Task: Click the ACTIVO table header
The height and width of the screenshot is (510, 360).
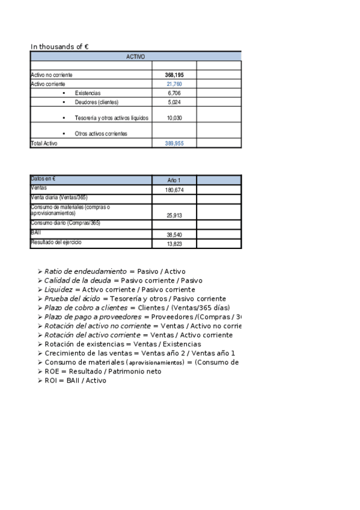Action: click(135, 57)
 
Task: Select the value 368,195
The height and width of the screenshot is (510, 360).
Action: click(174, 75)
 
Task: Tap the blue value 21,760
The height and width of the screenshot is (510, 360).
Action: click(174, 84)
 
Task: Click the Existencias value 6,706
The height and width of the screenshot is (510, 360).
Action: click(174, 93)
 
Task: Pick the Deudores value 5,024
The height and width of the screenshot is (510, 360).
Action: click(174, 102)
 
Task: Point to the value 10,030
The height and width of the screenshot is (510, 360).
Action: click(174, 118)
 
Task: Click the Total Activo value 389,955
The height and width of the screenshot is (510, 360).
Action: click(174, 144)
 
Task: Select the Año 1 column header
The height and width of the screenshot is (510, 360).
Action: click(174, 180)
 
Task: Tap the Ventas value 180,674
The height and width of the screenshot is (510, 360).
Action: click(174, 190)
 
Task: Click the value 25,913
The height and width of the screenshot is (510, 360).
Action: click(174, 215)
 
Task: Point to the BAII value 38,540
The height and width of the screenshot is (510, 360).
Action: click(174, 235)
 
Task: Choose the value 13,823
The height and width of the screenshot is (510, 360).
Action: click(174, 244)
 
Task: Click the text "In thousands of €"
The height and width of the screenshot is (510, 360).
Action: click(60, 46)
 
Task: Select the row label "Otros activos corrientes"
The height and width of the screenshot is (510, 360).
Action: click(101, 134)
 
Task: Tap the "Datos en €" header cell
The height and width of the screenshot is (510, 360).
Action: click(43, 179)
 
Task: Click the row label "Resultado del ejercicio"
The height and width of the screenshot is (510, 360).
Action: click(56, 242)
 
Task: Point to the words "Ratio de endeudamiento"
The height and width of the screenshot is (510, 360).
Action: click(85, 271)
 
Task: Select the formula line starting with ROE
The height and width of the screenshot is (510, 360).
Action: click(103, 371)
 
